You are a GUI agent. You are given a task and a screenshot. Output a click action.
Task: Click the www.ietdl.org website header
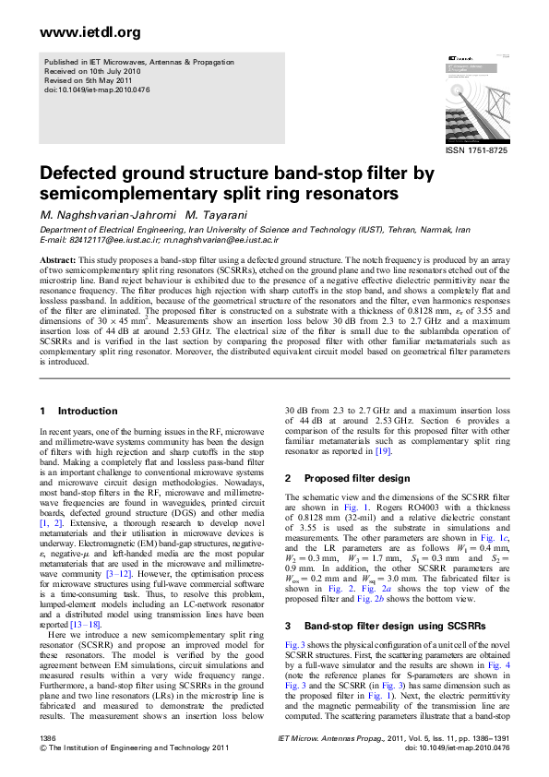[x=78, y=33]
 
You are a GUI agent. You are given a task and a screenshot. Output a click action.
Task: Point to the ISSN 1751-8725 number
[x=476, y=149]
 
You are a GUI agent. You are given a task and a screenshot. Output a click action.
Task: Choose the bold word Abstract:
[x=59, y=261]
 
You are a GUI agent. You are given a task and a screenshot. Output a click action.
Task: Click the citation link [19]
[x=384, y=453]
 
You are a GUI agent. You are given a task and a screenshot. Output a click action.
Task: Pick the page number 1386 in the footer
[x=49, y=739]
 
